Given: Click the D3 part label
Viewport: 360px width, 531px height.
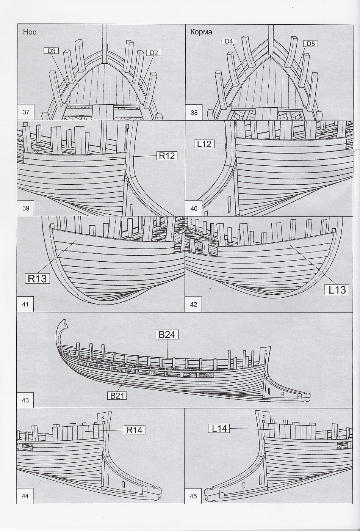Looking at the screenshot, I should [x=52, y=50].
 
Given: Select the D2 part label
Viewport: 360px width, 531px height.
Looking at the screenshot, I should [x=153, y=53].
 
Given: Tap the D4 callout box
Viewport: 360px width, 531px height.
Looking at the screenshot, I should [x=229, y=41].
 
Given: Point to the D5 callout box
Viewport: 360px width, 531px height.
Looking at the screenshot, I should [x=310, y=44].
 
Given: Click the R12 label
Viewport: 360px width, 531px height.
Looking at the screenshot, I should [x=166, y=156].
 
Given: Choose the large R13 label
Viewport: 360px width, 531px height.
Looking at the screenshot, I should [x=38, y=278].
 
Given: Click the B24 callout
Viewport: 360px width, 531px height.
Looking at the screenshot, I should [x=166, y=335].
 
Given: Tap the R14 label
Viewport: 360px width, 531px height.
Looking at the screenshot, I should [x=135, y=430].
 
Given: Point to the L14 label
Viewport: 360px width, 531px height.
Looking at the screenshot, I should [x=219, y=429].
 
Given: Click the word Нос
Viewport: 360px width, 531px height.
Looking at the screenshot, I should [x=30, y=32].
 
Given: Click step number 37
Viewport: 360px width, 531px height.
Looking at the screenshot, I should [x=26, y=112].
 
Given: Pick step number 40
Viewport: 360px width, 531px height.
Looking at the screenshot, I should [x=194, y=208].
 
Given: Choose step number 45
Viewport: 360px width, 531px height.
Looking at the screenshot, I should [x=194, y=496].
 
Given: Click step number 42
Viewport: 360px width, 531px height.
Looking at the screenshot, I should [x=194, y=304].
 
